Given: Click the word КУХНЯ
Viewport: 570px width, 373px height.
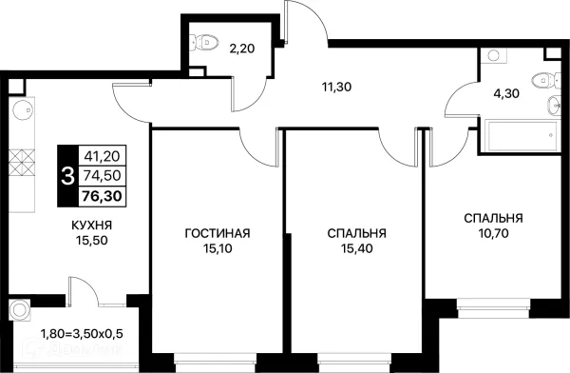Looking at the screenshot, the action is pyautogui.click(x=91, y=226).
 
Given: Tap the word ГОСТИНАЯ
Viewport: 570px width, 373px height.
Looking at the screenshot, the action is pyautogui.click(x=218, y=233).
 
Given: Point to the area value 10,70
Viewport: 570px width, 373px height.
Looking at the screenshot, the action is pyautogui.click(x=493, y=233).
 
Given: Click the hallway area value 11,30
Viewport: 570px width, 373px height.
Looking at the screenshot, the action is pyautogui.click(x=336, y=87).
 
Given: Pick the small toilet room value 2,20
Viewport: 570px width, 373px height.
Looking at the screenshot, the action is pyautogui.click(x=241, y=49).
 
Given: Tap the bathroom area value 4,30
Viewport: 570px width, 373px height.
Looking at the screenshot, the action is pyautogui.click(x=506, y=93).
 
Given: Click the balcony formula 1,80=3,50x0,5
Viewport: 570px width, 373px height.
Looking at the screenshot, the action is pyautogui.click(x=82, y=333).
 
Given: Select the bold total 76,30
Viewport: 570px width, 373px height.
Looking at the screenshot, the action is pyautogui.click(x=102, y=196).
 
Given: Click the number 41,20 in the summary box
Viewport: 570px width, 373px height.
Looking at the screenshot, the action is pyautogui.click(x=103, y=156).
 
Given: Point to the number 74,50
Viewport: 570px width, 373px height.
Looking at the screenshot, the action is pyautogui.click(x=103, y=176).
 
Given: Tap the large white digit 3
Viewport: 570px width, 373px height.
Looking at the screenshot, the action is pyautogui.click(x=68, y=176).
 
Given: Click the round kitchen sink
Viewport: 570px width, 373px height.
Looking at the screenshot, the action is pyautogui.click(x=23, y=108).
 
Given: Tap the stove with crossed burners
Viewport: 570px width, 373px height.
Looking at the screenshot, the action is pyautogui.click(x=22, y=162).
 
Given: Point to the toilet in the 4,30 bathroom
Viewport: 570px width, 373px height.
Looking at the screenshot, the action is pyautogui.click(x=545, y=80).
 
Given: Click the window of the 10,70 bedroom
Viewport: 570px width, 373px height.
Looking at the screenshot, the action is pyautogui.click(x=493, y=308).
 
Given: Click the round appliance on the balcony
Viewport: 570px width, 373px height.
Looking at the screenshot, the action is pyautogui.click(x=19, y=310).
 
